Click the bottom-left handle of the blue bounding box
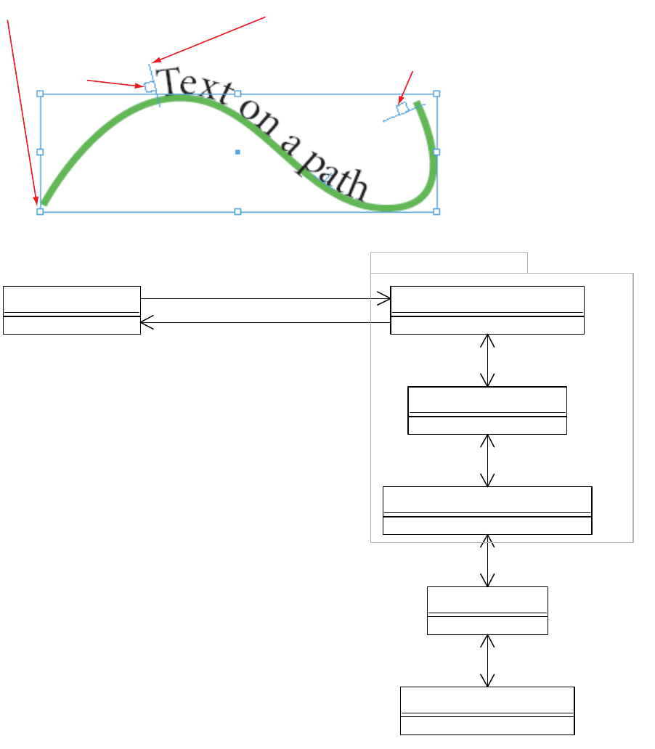(x=40, y=211)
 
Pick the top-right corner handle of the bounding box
(x=436, y=94)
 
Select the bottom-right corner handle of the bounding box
(x=436, y=211)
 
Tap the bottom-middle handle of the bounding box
(x=237, y=211)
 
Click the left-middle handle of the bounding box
(x=40, y=152)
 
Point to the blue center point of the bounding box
(x=237, y=152)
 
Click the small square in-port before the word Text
(x=149, y=87)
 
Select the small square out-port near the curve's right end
(x=402, y=107)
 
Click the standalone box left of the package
(x=71, y=310)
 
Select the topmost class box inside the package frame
(x=487, y=310)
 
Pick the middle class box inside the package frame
(x=487, y=410)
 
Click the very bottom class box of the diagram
(x=487, y=711)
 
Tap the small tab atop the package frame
(x=449, y=262)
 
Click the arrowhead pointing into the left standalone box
(x=145, y=323)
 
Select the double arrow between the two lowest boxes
(x=487, y=660)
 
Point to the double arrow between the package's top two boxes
(x=487, y=360)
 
